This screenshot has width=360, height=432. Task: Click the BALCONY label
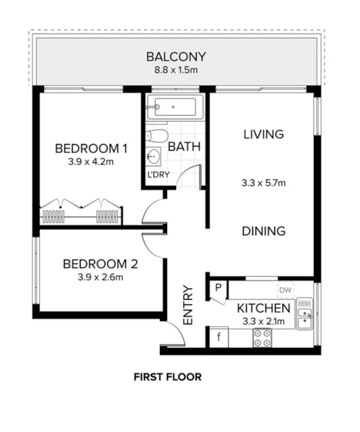click(175, 57)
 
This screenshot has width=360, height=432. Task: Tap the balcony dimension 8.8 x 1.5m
click(175, 70)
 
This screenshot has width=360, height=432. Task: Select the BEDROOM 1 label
click(91, 148)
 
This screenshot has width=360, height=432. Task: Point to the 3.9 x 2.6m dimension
click(100, 277)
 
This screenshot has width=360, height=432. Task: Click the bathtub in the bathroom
click(175, 107)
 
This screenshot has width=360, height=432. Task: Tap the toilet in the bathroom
click(156, 135)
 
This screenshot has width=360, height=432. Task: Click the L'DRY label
click(158, 174)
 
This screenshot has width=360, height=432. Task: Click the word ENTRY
click(188, 305)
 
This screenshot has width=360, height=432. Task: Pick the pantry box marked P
click(218, 290)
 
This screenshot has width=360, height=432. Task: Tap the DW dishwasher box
click(285, 290)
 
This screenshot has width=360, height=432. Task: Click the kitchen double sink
click(304, 313)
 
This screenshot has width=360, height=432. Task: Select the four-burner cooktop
click(262, 338)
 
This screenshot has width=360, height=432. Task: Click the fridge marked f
click(219, 337)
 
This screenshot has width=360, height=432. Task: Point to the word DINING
click(263, 231)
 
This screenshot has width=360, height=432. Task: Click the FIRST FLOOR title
click(167, 377)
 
